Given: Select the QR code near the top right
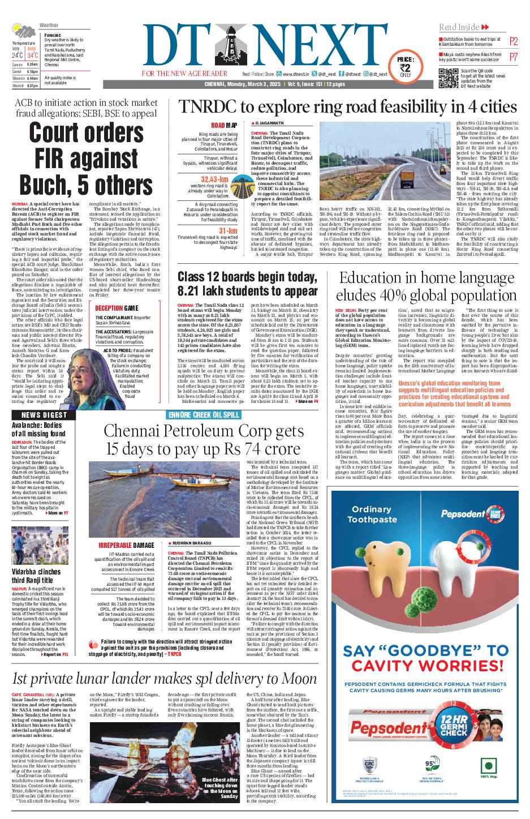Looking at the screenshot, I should [x=448, y=79].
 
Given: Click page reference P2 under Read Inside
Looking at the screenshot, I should [x=514, y=41].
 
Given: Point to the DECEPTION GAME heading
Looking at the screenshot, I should [x=117, y=308].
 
